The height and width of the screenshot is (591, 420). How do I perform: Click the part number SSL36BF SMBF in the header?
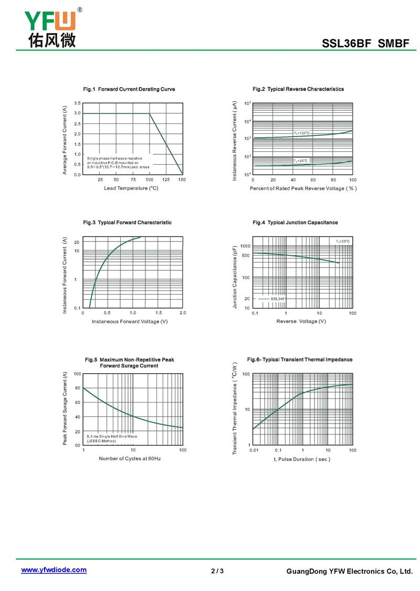pos(365,44)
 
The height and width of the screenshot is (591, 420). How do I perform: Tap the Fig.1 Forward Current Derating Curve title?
pos(129,89)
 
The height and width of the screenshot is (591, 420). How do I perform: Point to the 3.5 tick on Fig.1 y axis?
pos(77,103)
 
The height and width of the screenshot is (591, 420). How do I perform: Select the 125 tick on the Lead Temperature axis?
pos(166,180)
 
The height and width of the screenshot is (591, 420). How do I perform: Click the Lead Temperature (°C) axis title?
pos(131,188)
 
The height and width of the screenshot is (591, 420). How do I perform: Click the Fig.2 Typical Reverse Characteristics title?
pos(298,89)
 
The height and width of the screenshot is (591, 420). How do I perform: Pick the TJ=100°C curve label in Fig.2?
pos(301,133)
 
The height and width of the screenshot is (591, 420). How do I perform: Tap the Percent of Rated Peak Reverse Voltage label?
pos(303,188)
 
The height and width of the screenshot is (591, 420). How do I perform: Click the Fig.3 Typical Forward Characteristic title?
pos(128,223)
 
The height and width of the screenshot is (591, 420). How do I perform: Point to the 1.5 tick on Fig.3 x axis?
pos(158,313)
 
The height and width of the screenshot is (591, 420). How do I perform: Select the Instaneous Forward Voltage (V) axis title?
pos(130,321)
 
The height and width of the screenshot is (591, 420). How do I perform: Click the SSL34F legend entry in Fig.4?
pos(277,299)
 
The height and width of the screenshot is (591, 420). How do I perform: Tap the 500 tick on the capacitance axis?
pos(246,256)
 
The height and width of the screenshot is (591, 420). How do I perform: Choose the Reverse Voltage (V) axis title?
pos(301,321)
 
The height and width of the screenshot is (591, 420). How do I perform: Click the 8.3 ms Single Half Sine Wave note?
pos(112,436)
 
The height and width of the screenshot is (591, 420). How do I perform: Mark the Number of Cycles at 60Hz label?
pos(130,459)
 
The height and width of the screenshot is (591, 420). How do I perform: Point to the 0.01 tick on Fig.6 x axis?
pos(254,450)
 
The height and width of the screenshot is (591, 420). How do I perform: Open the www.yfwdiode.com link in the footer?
pos(54,569)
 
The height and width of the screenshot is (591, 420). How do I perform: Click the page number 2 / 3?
pos(217,571)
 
